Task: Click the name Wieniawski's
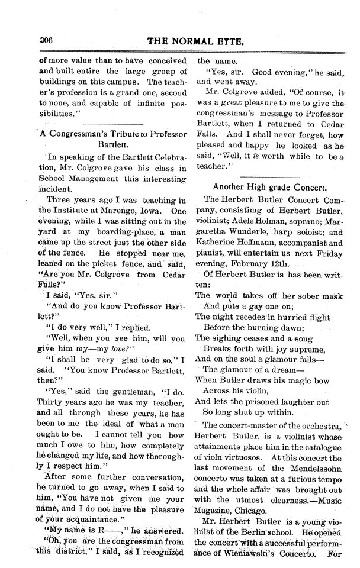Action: click(x=246, y=553)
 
